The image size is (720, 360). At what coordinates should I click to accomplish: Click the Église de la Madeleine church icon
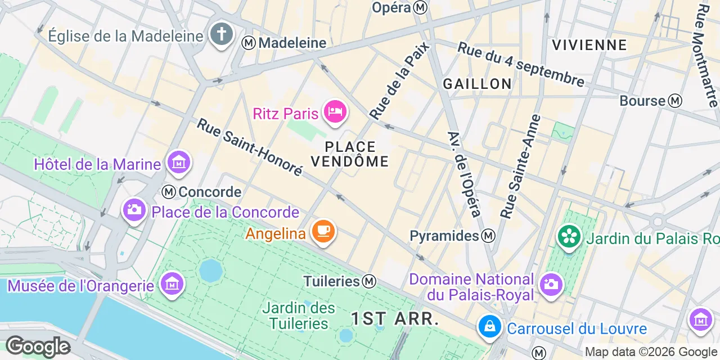[x=221, y=35]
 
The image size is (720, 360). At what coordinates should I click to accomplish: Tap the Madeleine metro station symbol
[x=249, y=43]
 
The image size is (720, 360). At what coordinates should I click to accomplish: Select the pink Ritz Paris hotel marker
[x=335, y=112]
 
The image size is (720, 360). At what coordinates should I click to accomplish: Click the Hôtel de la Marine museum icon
[x=179, y=163]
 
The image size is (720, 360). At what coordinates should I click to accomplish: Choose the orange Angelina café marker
[x=323, y=231]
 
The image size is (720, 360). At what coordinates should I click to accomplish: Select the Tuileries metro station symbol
[x=370, y=281]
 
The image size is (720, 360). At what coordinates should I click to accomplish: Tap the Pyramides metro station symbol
[x=489, y=236]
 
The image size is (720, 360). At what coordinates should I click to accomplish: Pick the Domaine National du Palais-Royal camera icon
[x=550, y=283]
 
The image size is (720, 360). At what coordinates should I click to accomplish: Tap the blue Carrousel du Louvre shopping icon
[x=489, y=326]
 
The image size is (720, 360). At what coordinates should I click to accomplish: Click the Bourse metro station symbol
[x=675, y=101]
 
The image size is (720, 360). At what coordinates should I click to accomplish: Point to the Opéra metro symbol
[x=420, y=7]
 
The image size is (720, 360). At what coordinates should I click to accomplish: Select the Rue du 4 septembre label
[x=520, y=64]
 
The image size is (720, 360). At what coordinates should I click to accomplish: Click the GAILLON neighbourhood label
[x=477, y=84]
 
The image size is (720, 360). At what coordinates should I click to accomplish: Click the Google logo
[x=38, y=346]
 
